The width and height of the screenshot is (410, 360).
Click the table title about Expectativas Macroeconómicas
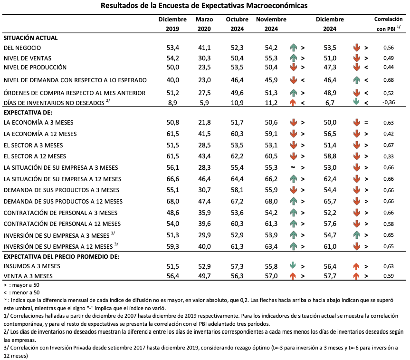point(204,6)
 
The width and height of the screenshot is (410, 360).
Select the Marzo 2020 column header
point(204,24)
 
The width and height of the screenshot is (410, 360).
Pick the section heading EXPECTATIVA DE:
point(28,113)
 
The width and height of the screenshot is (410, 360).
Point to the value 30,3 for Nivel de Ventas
point(204,58)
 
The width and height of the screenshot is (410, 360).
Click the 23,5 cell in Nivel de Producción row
point(204,67)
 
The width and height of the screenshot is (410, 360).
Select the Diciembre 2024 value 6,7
point(330,102)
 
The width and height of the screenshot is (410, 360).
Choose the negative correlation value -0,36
point(388,102)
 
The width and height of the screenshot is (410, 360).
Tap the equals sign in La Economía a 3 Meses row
point(366,122)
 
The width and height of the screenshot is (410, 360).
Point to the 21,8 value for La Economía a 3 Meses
point(204,122)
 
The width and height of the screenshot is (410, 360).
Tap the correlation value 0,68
point(388,79)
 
